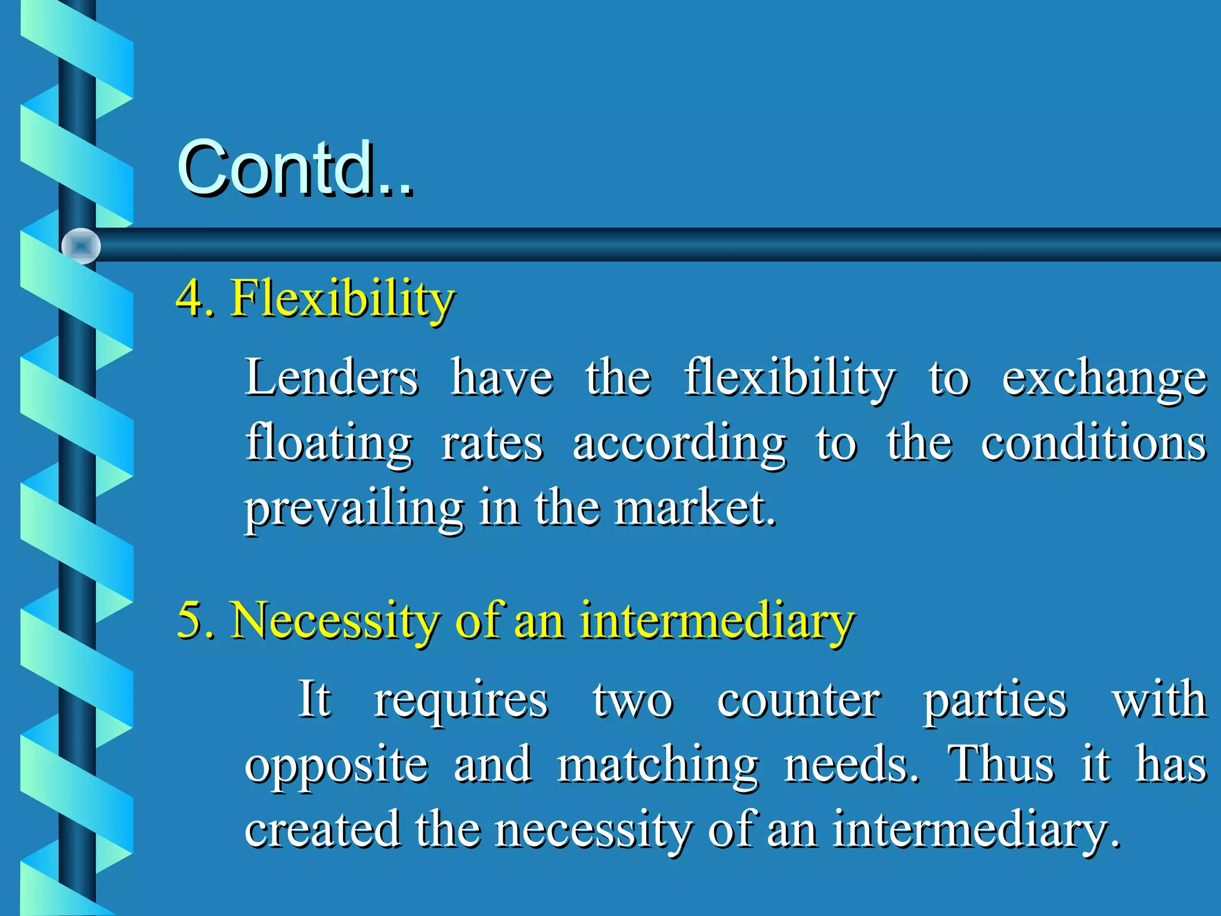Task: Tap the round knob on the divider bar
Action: (80, 246)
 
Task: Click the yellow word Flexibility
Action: (343, 298)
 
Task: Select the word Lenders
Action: (331, 377)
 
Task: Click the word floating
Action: (329, 444)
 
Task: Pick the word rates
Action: (492, 444)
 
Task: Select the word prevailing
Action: (354, 510)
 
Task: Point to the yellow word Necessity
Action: (334, 620)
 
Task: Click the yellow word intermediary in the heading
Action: (717, 620)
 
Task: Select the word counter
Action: (798, 700)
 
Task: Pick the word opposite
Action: (336, 766)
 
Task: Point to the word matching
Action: (658, 766)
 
